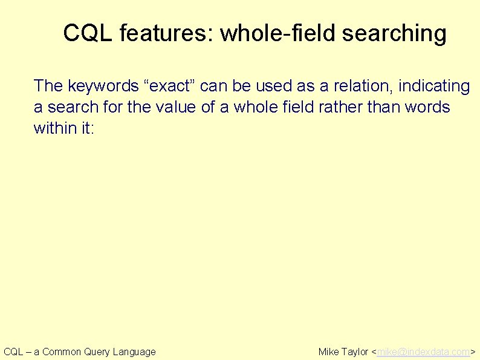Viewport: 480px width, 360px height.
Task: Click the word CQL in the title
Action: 88,33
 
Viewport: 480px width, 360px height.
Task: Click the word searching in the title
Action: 394,33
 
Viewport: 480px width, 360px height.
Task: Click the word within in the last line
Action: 53,128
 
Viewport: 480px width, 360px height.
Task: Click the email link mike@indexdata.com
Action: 423,352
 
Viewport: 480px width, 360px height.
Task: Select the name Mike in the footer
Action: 329,352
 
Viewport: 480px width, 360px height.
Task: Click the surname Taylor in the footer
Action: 355,352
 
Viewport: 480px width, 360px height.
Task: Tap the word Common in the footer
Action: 62,352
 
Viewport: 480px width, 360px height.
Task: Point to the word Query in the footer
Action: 97,352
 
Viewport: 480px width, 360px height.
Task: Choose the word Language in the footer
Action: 134,352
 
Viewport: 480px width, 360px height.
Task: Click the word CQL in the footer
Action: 13,352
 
